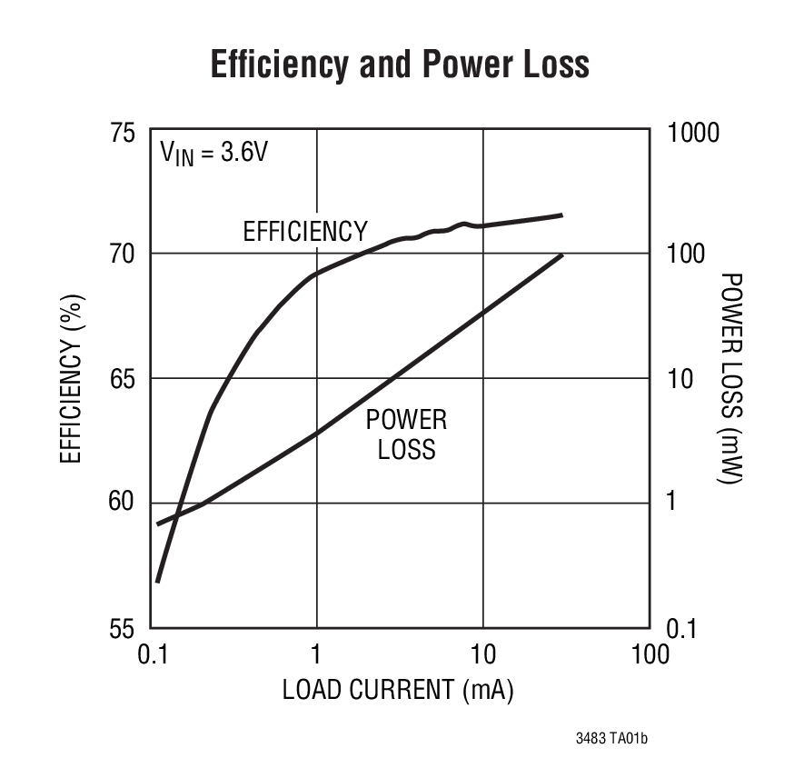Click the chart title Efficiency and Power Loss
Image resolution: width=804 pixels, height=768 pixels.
(x=400, y=65)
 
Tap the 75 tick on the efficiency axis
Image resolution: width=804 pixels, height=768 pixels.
(x=123, y=134)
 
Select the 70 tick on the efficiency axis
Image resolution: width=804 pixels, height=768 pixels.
(x=123, y=253)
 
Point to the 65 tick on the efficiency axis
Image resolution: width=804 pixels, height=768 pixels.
(x=123, y=378)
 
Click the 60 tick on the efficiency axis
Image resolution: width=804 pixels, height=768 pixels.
(x=123, y=503)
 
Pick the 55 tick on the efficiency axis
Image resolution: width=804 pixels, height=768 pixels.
(x=123, y=629)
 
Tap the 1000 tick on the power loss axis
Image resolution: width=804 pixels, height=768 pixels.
(x=693, y=134)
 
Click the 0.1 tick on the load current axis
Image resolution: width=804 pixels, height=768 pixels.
(x=151, y=654)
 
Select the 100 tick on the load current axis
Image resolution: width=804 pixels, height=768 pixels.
(x=649, y=654)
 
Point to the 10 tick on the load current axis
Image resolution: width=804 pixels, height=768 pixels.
(x=482, y=654)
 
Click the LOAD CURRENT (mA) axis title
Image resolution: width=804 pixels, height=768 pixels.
(x=398, y=690)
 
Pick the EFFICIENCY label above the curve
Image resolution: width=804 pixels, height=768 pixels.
(x=305, y=232)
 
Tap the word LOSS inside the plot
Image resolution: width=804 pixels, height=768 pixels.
(x=406, y=449)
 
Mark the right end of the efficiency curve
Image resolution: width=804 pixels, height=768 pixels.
(x=561, y=215)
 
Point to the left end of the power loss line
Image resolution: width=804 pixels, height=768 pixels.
(x=158, y=524)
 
